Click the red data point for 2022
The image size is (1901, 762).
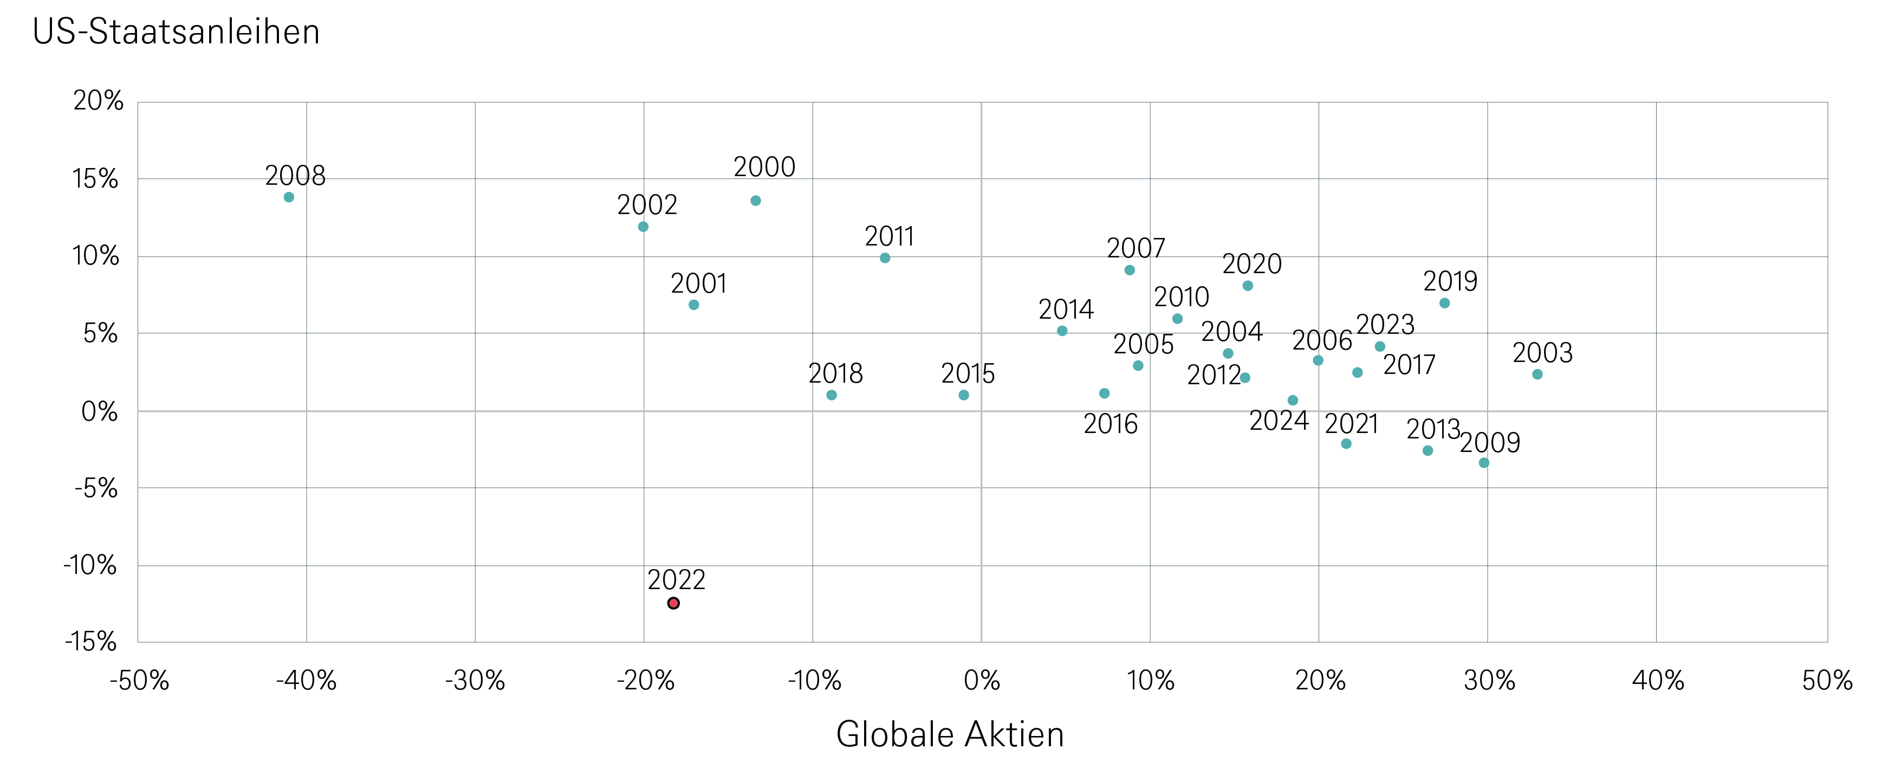pyautogui.click(x=673, y=603)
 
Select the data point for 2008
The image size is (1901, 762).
pyautogui.click(x=289, y=197)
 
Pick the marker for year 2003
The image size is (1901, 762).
pyautogui.click(x=1537, y=374)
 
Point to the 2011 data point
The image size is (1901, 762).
pyautogui.click(x=885, y=257)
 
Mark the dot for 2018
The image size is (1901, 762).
pyautogui.click(x=832, y=395)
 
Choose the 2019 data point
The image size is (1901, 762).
pyautogui.click(x=1444, y=303)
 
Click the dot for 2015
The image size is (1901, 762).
pyautogui.click(x=964, y=395)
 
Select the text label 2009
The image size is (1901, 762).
pyautogui.click(x=1489, y=443)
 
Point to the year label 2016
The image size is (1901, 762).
pyautogui.click(x=1110, y=424)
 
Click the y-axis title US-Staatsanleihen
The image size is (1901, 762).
pyautogui.click(x=177, y=33)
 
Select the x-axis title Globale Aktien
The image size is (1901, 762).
pyautogui.click(x=950, y=735)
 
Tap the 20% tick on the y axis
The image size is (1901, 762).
pyautogui.click(x=98, y=101)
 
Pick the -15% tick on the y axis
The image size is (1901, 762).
pyautogui.click(x=92, y=642)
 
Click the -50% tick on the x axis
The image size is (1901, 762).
pyautogui.click(x=139, y=680)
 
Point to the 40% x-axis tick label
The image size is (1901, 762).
pyautogui.click(x=1657, y=680)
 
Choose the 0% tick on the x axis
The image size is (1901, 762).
pyautogui.click(x=982, y=680)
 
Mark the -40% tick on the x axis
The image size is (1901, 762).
pyautogui.click(x=306, y=680)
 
